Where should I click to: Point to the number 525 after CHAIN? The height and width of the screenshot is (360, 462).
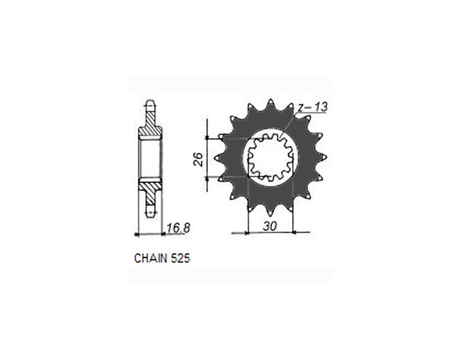tap(181, 258)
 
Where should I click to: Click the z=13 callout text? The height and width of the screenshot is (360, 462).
tap(313, 107)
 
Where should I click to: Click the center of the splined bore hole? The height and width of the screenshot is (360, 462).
tap(270, 157)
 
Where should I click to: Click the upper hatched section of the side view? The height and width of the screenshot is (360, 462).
tap(149, 126)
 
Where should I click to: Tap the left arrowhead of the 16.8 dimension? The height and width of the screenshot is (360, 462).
tap(137, 234)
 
